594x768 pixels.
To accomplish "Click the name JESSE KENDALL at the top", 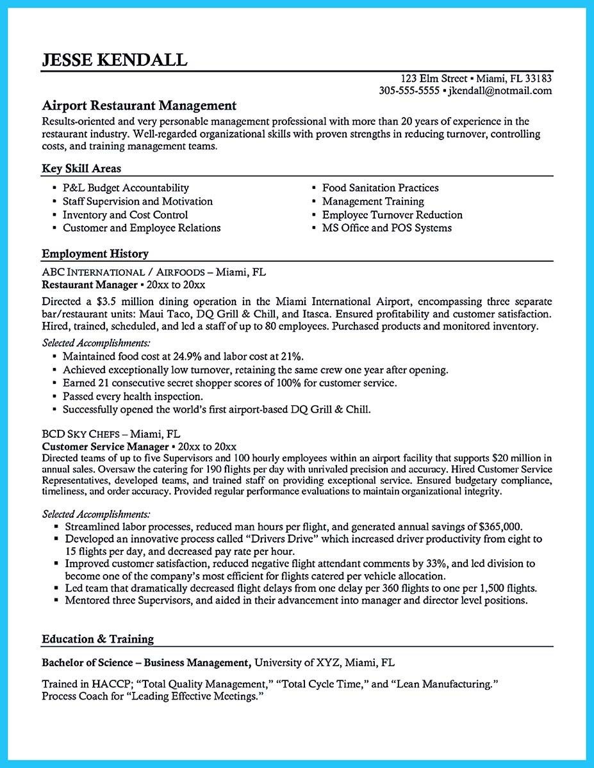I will (115, 60).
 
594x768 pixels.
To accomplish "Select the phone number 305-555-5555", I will (409, 91).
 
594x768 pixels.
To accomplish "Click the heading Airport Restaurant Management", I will (139, 106).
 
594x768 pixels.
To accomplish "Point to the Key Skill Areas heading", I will (81, 168).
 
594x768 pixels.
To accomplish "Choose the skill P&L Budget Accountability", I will (126, 188).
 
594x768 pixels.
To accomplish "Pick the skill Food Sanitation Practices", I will (380, 188).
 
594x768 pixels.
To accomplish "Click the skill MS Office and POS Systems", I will (386, 228).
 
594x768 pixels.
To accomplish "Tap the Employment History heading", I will (95, 253).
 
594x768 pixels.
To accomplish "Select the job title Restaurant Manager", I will (89, 284).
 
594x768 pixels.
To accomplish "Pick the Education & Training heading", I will (98, 639).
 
